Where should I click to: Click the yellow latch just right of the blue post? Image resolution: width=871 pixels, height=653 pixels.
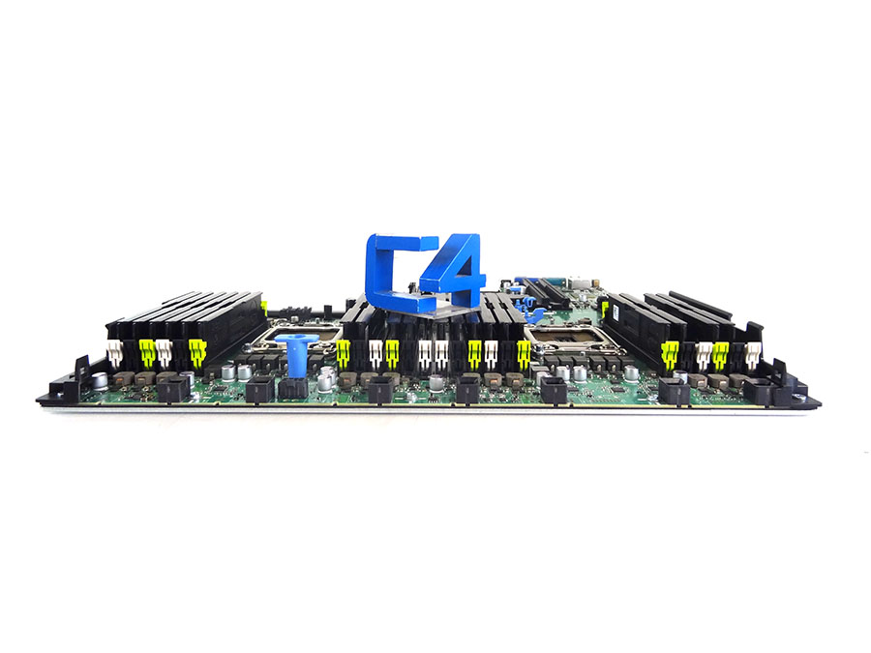point(343,354)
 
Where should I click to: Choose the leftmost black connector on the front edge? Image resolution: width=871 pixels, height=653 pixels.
point(173,390)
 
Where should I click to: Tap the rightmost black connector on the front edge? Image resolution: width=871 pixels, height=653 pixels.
point(760,393)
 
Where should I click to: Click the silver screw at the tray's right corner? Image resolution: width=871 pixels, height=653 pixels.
point(802,386)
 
